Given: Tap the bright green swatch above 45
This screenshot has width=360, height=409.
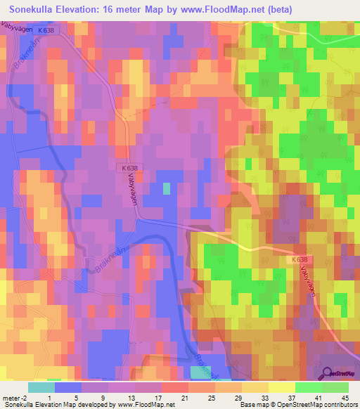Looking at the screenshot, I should click(x=335, y=387).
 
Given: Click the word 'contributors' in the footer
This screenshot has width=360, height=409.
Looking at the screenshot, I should click(x=336, y=405).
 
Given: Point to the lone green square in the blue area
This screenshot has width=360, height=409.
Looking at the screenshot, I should click(x=167, y=188).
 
